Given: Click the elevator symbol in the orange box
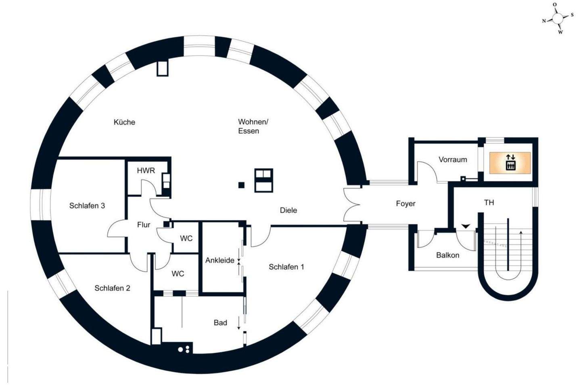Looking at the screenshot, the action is pos(510,162).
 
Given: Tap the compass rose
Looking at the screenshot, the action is pos(558,18).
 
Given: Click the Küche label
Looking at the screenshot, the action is pos(124,122).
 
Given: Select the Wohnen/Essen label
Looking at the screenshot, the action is pos(253,126).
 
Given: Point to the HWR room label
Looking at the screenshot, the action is pos(146,170).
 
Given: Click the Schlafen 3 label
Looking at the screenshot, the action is pos(87,206).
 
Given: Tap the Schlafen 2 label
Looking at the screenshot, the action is pos(112,288).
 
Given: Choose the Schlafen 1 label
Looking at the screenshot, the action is pos(286,267).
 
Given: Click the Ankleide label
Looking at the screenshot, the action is pos(220,260).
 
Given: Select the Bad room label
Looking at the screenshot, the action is pos(220,322).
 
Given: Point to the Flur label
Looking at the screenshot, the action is pos(144,225).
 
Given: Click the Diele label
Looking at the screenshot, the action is pos(288,210).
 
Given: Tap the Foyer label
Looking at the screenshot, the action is pos(405,204).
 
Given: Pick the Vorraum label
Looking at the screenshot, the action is pos(453,160).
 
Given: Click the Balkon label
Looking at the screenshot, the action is pos(447,255).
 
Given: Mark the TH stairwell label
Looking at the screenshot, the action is pos(489,202).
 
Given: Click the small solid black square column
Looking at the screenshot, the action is pos(241,185).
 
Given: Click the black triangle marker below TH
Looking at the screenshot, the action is pos(466,226).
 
